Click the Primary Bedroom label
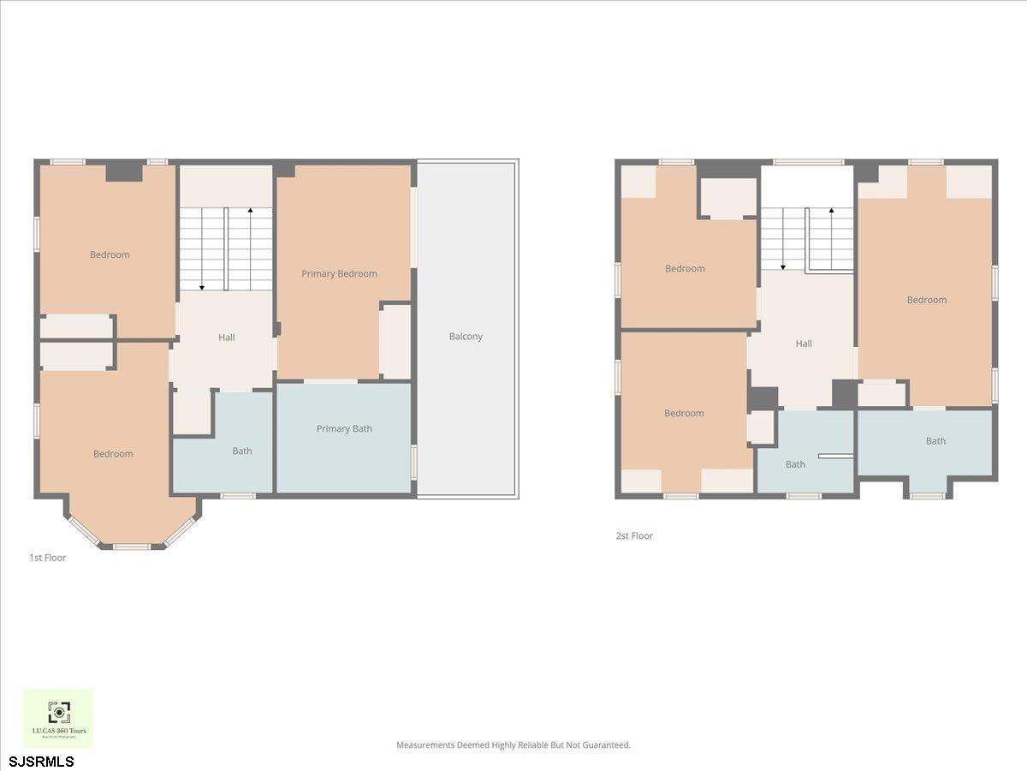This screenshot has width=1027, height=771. coord(339,274)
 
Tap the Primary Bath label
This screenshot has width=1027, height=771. coord(344,429)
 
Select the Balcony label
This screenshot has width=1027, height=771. coord(466,337)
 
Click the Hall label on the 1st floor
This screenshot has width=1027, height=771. coord(226,338)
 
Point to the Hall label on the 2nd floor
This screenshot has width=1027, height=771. coord(804,344)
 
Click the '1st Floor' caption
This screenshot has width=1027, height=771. coord(48,558)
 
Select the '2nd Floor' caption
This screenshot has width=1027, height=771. coord(634,536)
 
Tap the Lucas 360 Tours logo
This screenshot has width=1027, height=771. coord(58,718)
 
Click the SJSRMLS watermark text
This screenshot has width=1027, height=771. coord(41,762)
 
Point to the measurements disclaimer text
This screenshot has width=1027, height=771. coord(513,745)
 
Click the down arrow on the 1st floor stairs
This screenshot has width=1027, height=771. coord(202,286)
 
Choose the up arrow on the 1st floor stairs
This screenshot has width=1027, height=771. coord(250,211)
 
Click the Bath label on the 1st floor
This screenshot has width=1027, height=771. coord(242,451)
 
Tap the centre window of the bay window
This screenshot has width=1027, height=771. coord(132,547)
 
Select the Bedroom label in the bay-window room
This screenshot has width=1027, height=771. coord(113,454)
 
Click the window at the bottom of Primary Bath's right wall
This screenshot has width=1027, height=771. coord(414,461)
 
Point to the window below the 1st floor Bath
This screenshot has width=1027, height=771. coord(238,496)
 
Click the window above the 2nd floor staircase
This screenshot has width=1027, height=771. coord(808,161)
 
